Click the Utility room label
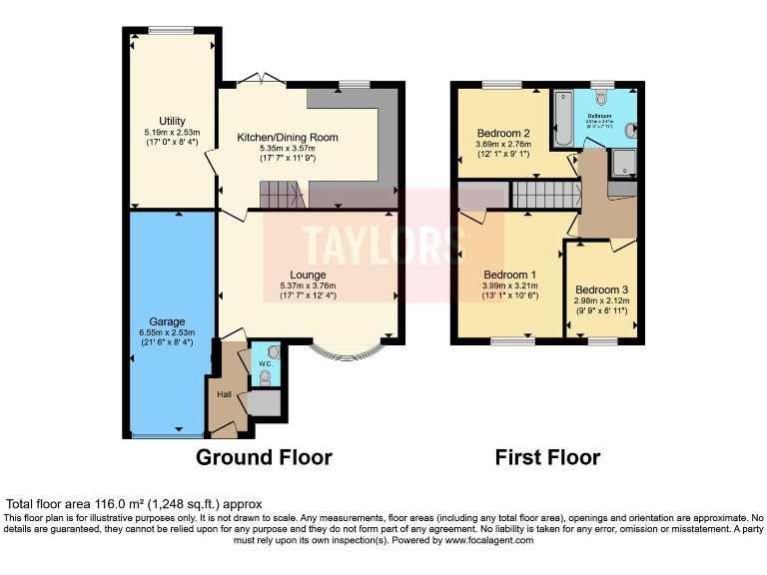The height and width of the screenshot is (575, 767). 172,121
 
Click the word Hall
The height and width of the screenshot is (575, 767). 224,394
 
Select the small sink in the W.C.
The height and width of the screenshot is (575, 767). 274,351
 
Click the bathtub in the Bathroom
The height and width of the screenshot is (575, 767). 561,119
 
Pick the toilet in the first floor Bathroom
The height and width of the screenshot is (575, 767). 601,98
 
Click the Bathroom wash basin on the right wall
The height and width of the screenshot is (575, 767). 632,130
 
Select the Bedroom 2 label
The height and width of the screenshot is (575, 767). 502,134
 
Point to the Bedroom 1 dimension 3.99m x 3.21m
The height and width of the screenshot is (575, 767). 510,286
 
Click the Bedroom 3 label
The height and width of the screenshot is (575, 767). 600,289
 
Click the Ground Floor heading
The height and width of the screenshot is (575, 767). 264,457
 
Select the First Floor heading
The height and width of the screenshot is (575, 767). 547,457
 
